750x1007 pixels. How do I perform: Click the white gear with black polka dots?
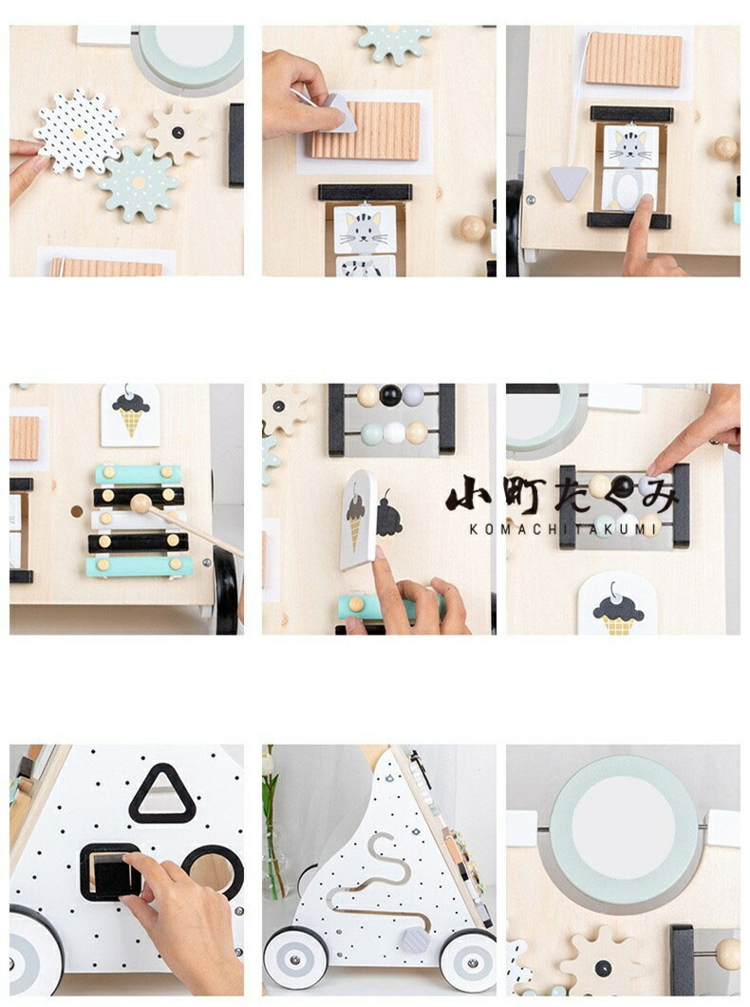(x=78, y=134)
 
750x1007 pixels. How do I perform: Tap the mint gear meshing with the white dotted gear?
(x=139, y=183)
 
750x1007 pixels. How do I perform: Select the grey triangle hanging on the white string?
(x=569, y=182)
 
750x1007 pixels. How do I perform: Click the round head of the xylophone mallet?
(x=141, y=503)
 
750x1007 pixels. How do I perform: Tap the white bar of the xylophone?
(x=139, y=519)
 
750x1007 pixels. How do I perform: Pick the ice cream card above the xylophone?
(x=130, y=415)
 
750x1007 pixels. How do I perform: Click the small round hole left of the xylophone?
(x=77, y=511)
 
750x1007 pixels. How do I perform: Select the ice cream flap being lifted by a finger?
(x=357, y=519)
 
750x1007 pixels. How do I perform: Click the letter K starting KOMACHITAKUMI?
(x=474, y=529)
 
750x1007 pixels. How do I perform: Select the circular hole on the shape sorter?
(x=213, y=871)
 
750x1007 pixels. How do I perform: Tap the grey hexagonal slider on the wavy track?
(x=416, y=940)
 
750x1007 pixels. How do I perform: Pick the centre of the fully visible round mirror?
(x=623, y=827)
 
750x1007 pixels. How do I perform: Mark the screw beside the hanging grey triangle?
(x=531, y=199)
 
